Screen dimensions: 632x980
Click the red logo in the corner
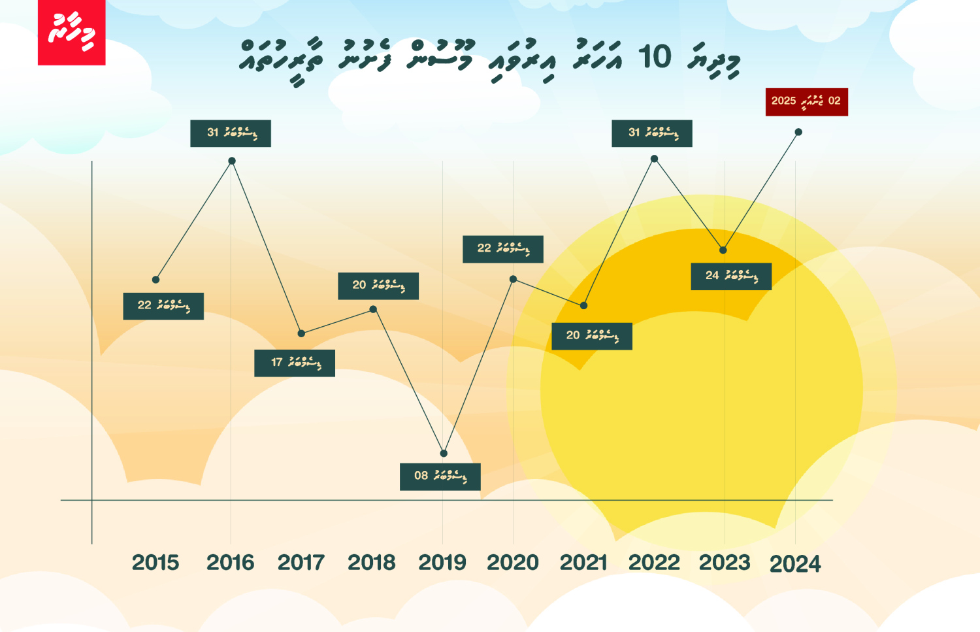[71, 32]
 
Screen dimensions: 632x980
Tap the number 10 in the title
[654, 57]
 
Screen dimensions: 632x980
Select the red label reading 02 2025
[806, 102]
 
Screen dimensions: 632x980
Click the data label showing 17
[295, 363]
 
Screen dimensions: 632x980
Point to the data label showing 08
[440, 476]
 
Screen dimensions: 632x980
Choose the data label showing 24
[731, 276]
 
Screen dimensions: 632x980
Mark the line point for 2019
[444, 453]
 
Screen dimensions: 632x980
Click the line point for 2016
[232, 161]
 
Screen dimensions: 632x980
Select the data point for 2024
[798, 132]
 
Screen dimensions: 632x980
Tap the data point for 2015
[155, 280]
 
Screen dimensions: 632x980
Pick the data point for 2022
[654, 159]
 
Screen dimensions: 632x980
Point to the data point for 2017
[301, 333]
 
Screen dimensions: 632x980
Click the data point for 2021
[583, 305]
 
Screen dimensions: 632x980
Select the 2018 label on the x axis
[371, 563]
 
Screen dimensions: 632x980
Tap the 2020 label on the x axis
[513, 563]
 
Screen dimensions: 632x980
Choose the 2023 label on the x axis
[725, 563]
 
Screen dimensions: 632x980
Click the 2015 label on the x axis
[155, 563]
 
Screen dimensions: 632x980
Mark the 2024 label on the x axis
[795, 564]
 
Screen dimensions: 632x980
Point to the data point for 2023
[723, 250]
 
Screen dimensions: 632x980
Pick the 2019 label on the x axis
[442, 563]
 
